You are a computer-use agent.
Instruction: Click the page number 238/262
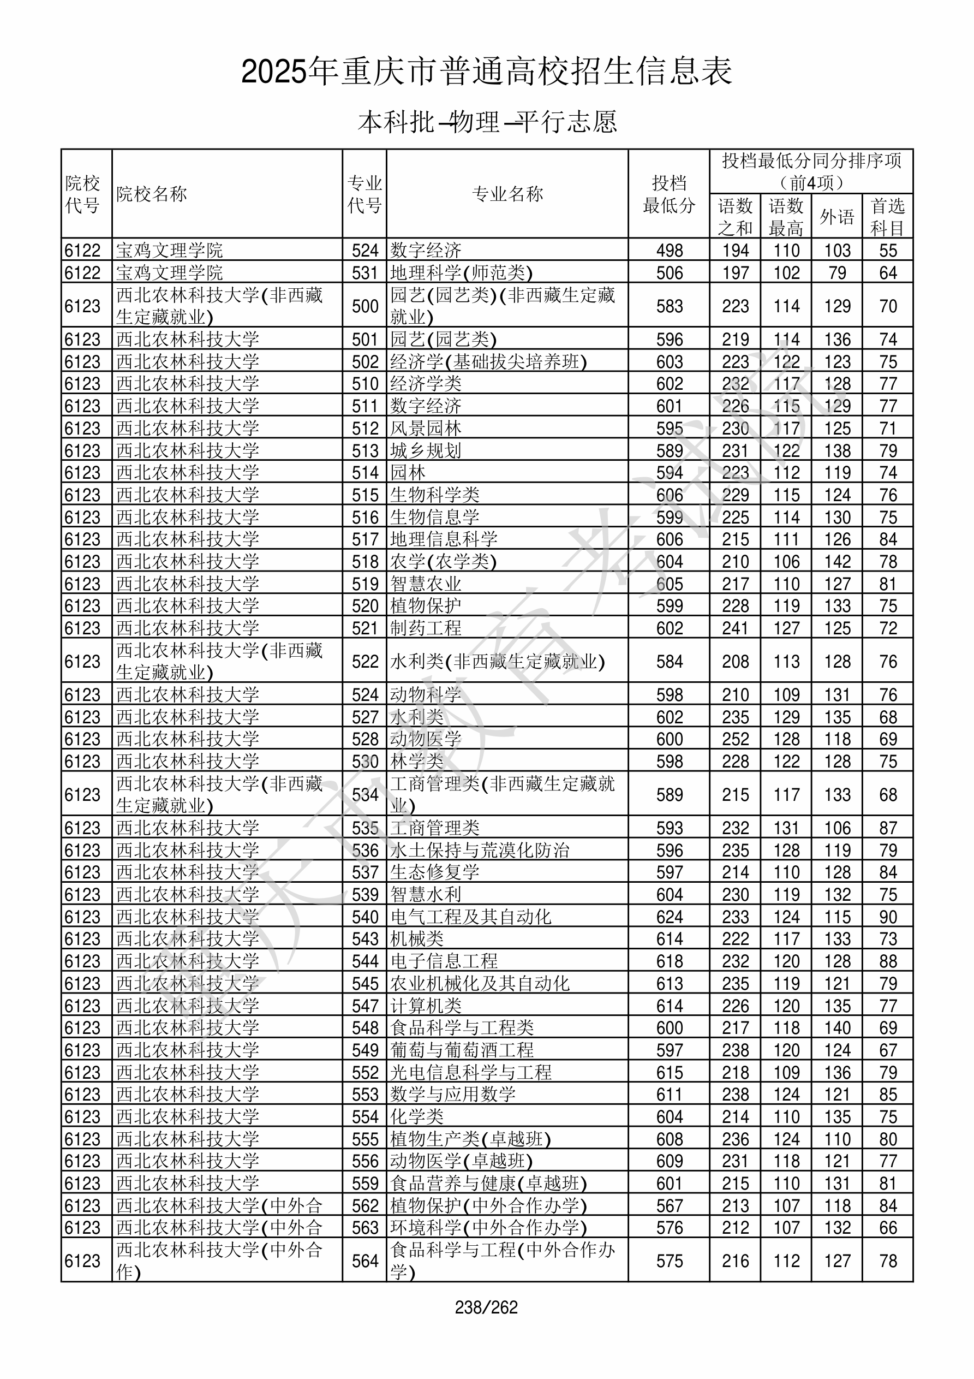(486, 1307)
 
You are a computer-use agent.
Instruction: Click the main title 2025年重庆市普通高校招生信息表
(486, 72)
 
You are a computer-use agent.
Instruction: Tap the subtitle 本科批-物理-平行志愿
(487, 122)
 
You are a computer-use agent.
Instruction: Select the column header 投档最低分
(668, 194)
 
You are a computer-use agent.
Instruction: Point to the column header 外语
(836, 216)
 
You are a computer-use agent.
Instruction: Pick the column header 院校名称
(152, 194)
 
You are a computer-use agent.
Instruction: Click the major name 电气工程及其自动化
(470, 917)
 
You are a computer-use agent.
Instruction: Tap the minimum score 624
(669, 917)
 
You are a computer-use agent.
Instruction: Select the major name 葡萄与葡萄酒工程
(462, 1050)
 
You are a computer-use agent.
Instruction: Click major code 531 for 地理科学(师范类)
(365, 272)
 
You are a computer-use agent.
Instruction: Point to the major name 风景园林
(426, 428)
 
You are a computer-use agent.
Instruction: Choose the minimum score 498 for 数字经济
(669, 251)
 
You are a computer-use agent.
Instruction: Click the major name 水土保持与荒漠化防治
(479, 851)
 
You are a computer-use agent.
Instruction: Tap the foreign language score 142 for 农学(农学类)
(837, 562)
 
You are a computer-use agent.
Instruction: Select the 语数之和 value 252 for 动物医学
(735, 739)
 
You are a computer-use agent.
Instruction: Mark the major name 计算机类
(426, 1006)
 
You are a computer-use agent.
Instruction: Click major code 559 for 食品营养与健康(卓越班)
(365, 1184)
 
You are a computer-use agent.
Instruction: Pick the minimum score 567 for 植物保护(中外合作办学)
(669, 1206)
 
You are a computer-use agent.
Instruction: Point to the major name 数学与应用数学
(453, 1095)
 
